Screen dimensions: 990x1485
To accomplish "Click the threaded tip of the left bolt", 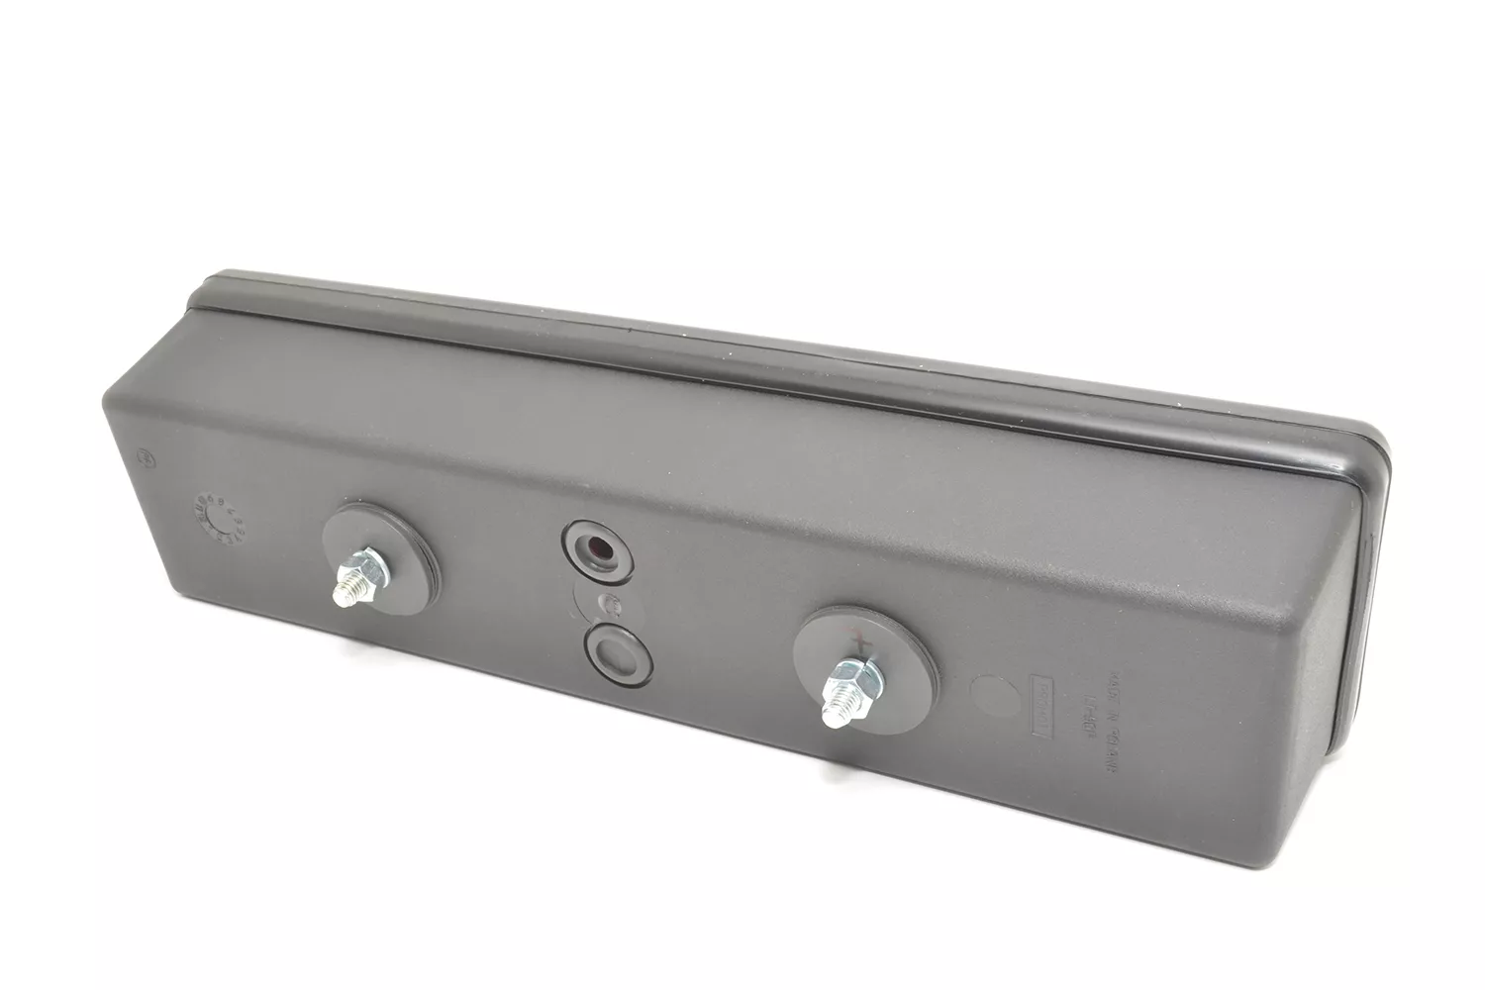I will [x=346, y=591].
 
